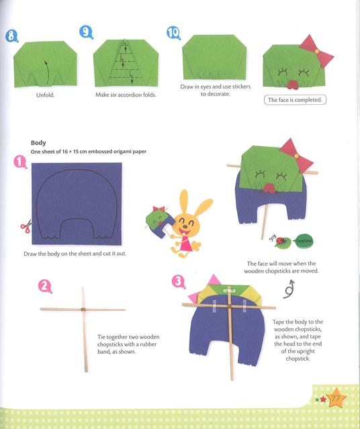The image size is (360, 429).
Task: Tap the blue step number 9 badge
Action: point(85,32)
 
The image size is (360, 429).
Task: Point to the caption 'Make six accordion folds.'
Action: point(122,95)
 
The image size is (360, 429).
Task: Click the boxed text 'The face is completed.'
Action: point(295,100)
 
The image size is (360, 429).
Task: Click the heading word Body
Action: point(38,142)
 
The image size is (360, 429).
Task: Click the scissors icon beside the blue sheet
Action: point(25,226)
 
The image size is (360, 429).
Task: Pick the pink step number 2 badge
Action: point(45,287)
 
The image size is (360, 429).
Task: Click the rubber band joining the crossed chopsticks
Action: point(83,309)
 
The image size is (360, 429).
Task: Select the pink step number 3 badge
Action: point(179,282)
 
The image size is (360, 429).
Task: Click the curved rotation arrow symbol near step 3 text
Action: point(291,287)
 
